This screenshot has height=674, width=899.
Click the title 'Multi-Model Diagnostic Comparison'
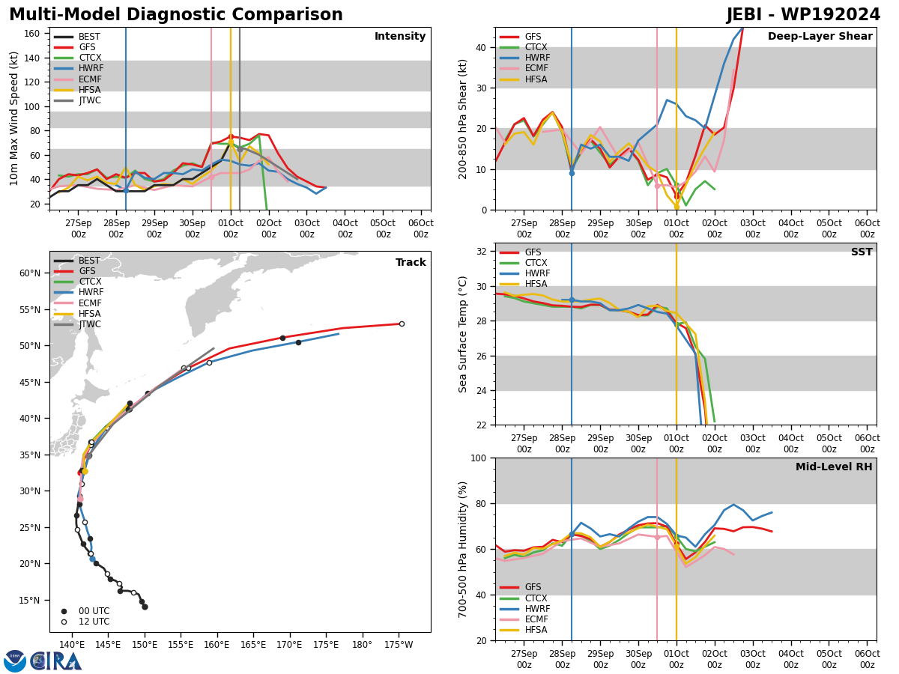[x=176, y=15]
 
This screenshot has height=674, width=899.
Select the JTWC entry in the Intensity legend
[x=90, y=100]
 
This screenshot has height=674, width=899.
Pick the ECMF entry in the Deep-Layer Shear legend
[x=536, y=69]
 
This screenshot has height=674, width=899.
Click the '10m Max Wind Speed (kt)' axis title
[x=14, y=118]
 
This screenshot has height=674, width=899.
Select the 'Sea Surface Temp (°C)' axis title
[x=463, y=334]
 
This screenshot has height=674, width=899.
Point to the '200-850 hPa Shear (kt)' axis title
[x=463, y=118]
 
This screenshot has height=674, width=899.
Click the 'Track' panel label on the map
[x=411, y=262]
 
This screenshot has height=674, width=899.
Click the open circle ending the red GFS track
[x=402, y=324]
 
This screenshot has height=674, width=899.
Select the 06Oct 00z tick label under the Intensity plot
[x=421, y=228]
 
